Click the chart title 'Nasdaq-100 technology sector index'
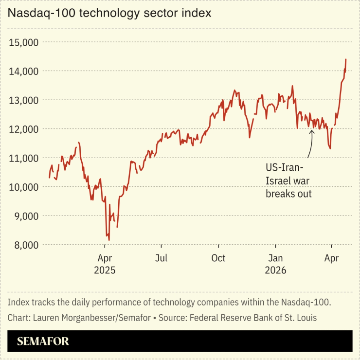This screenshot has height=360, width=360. pos(109,13)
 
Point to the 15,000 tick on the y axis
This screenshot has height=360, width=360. pos(24,42)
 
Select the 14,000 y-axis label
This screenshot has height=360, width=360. pos(24,71)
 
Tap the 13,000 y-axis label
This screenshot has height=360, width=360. pos(24,100)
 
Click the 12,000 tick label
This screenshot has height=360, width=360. pos(24,129)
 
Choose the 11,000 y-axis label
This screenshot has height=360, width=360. pos(24,158)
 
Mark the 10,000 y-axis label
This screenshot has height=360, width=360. pos(24,187)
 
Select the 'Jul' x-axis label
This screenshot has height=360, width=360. pos(162,258)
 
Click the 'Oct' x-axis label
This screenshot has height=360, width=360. pos(218,258)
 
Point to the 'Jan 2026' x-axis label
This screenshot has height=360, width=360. pos(275,264)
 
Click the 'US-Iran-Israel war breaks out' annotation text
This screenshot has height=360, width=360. pos(288,180)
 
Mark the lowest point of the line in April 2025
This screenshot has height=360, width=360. pos(109,240)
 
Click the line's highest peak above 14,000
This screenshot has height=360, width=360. pos(345,59)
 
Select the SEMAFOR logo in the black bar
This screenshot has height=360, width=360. pos(43,342)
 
